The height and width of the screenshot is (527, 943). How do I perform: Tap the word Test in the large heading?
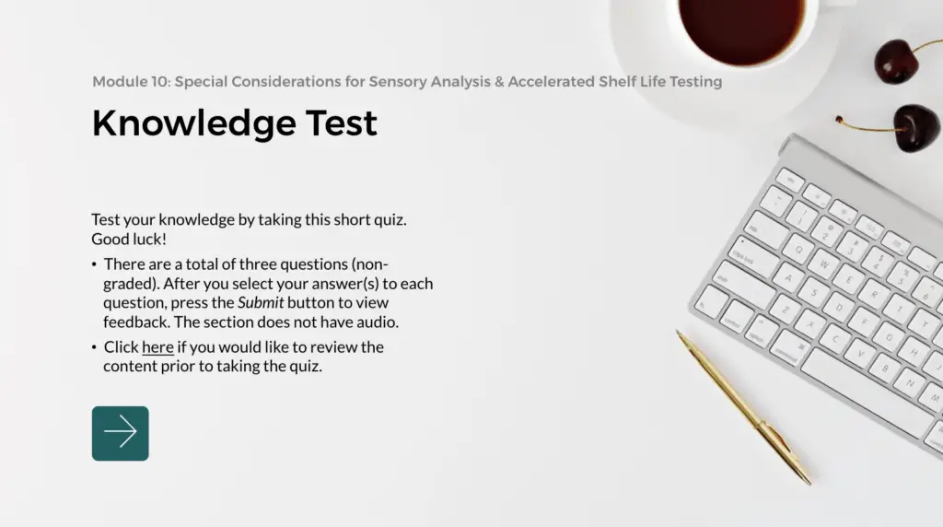click(x=338, y=123)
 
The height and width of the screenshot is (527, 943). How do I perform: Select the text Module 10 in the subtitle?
click(x=129, y=81)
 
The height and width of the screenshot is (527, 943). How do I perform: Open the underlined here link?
click(x=157, y=347)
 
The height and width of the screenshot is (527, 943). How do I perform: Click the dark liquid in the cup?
click(x=741, y=28)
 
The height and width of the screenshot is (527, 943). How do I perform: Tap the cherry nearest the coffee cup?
click(x=896, y=60)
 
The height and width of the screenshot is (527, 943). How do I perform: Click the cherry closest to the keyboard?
click(x=915, y=127)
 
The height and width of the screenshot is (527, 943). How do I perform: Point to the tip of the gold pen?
click(x=808, y=480)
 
